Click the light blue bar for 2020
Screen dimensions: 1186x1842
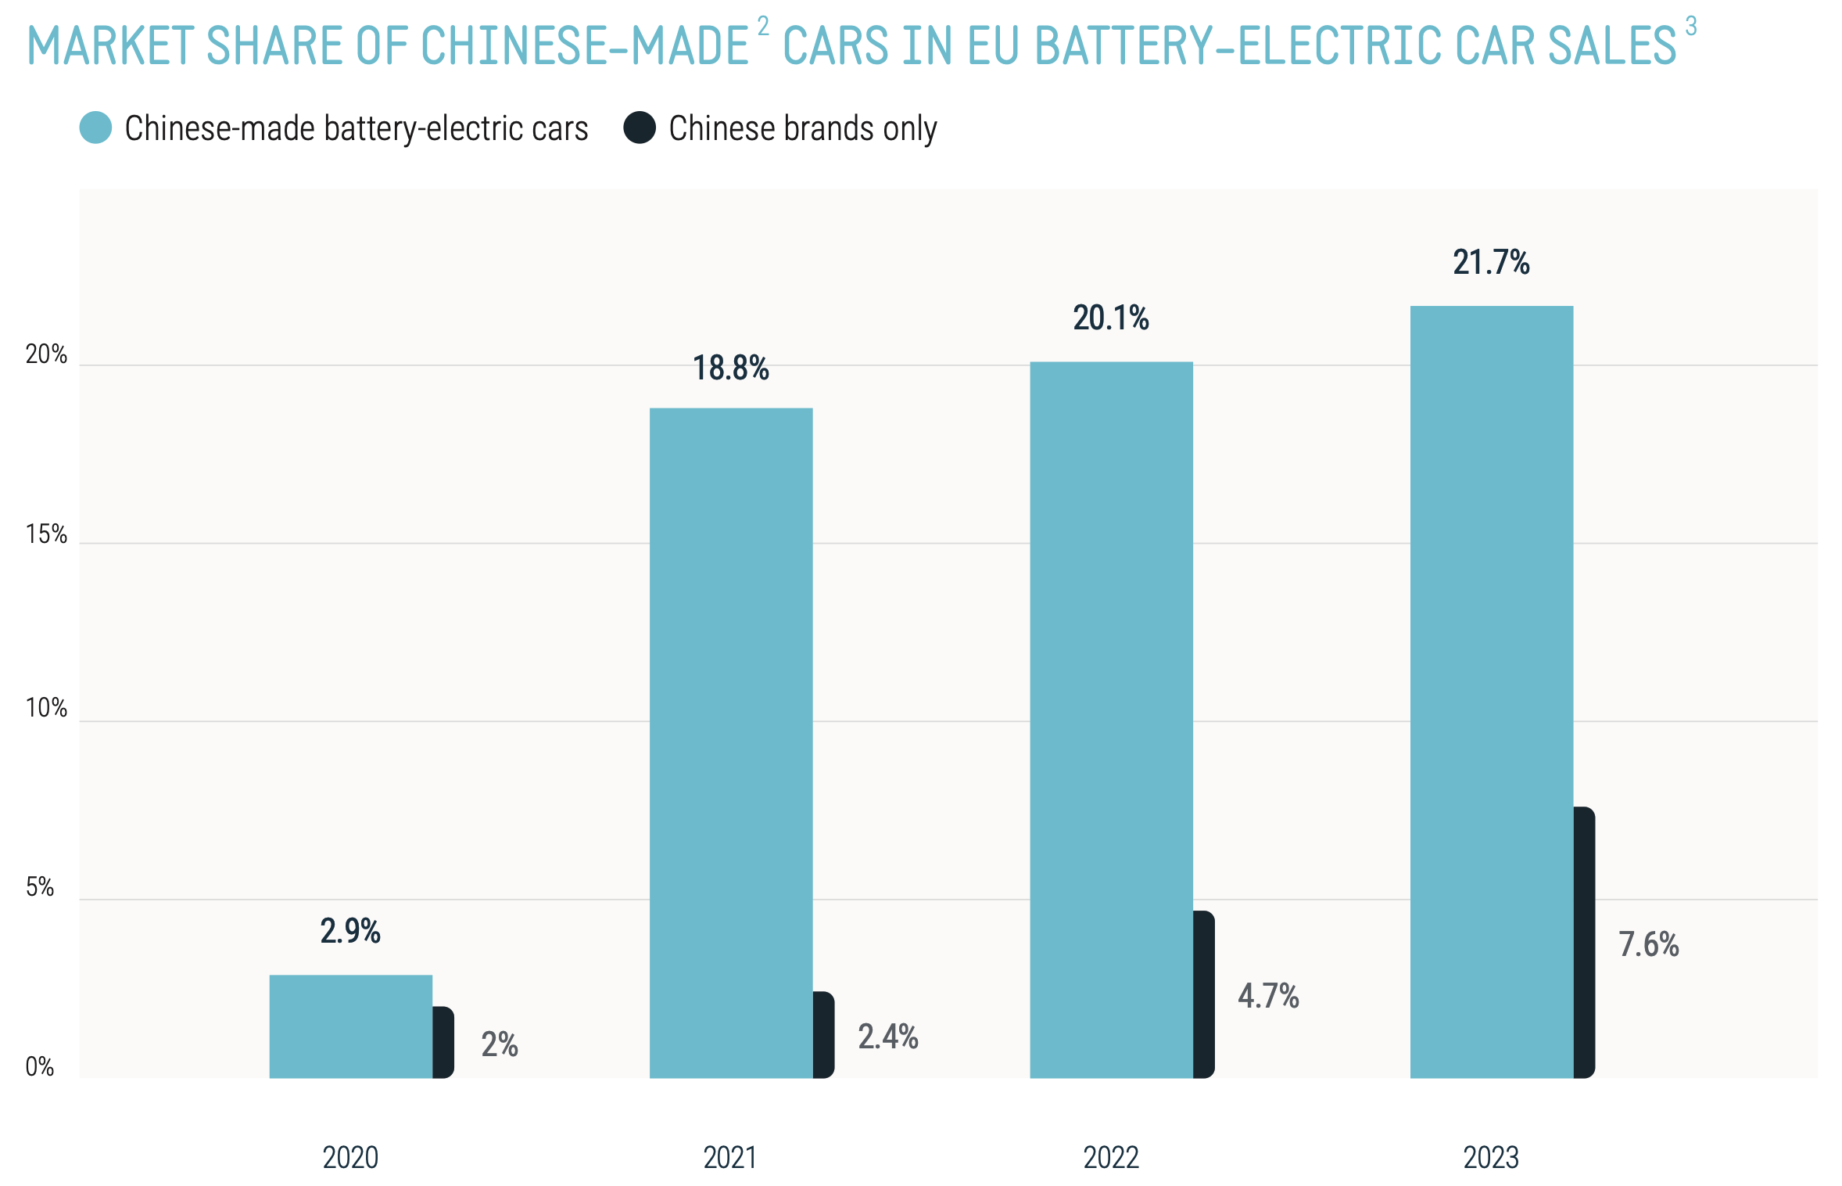tap(350, 1026)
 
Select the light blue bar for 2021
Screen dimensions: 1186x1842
tap(730, 742)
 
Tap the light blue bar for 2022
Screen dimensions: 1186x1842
tap(1111, 719)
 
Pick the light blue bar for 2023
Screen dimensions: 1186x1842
tap(1491, 692)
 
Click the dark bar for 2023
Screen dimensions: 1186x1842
tap(1584, 942)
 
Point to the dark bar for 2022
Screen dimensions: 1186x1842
tap(1204, 994)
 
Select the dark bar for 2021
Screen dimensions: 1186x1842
tap(823, 1035)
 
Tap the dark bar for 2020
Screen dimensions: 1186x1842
tap(443, 1042)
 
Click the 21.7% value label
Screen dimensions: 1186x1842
tap(1491, 262)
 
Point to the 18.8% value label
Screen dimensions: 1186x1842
tap(730, 368)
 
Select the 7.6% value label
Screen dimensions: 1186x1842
tap(1648, 944)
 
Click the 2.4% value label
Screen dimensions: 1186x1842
tap(887, 1037)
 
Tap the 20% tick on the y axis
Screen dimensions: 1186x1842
tap(46, 354)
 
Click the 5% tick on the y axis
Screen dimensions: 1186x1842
tap(40, 887)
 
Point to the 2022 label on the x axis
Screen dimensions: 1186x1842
tap(1111, 1157)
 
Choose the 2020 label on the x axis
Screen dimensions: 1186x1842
tap(350, 1157)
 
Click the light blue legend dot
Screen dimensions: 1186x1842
tap(95, 128)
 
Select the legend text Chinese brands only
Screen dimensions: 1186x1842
tap(802, 128)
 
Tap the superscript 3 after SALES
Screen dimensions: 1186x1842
tap(1690, 27)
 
